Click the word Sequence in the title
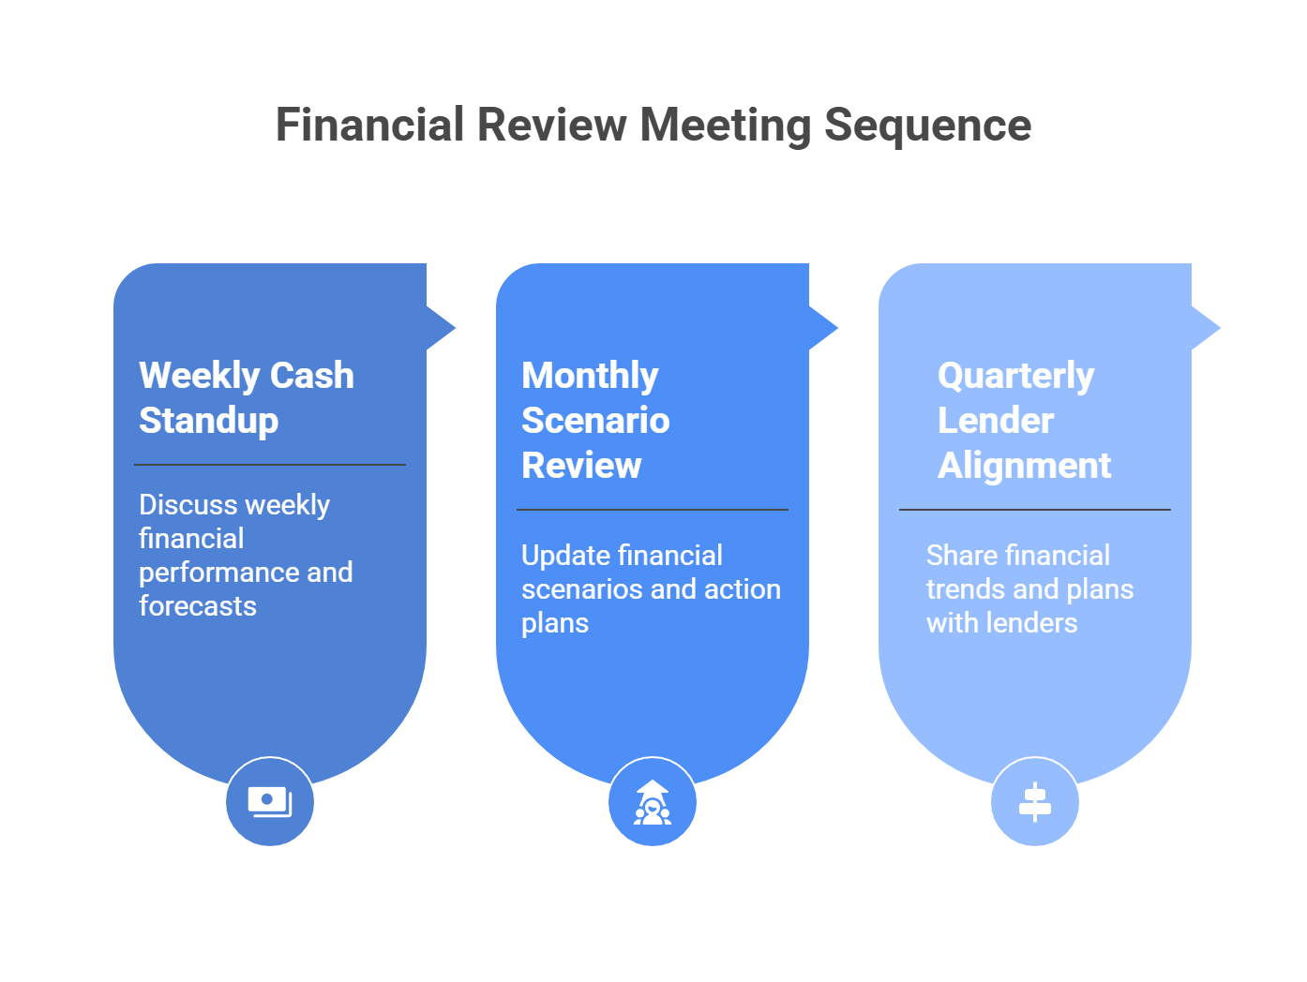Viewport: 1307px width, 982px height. [x=927, y=126]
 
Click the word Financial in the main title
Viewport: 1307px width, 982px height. [x=369, y=126]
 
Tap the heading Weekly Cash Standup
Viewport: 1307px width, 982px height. [x=246, y=397]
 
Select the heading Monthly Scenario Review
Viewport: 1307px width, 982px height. [x=595, y=420]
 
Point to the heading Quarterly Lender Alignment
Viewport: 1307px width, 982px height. [x=1024, y=420]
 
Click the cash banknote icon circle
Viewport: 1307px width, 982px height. [x=270, y=802]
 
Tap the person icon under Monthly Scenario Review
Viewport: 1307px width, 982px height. [x=653, y=802]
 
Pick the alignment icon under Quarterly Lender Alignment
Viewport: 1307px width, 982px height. [x=1035, y=802]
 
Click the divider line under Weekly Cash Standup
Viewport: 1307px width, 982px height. [x=270, y=465]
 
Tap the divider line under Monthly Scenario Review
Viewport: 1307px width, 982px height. [x=653, y=510]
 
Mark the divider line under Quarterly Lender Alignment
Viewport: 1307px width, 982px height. [x=1035, y=510]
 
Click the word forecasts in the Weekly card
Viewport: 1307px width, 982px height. [x=198, y=606]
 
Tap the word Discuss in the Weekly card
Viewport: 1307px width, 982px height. [x=188, y=505]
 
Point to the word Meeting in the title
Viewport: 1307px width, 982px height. [x=725, y=126]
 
